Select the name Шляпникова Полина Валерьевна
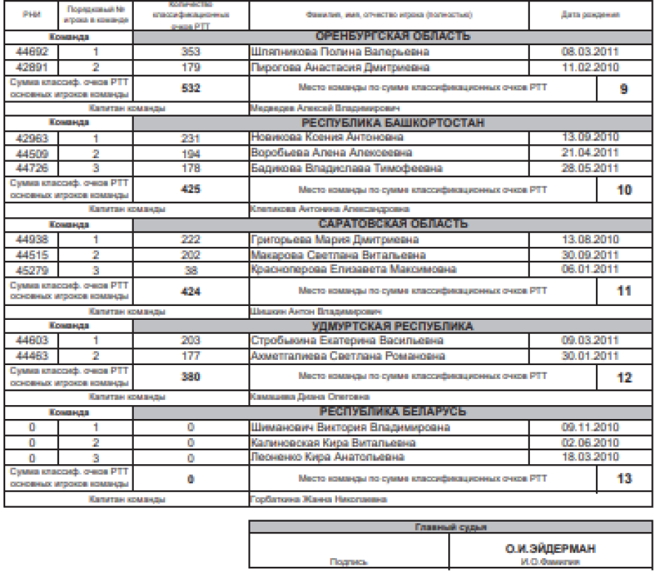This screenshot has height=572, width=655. (339, 52)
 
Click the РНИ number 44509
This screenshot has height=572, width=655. (31, 152)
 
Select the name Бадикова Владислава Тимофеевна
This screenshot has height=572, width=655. (346, 168)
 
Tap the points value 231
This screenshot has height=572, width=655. (189, 138)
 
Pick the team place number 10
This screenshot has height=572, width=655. (623, 189)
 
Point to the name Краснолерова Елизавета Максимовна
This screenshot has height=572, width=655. (353, 269)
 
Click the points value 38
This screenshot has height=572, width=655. (189, 269)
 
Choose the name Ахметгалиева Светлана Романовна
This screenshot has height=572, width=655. (346, 355)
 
